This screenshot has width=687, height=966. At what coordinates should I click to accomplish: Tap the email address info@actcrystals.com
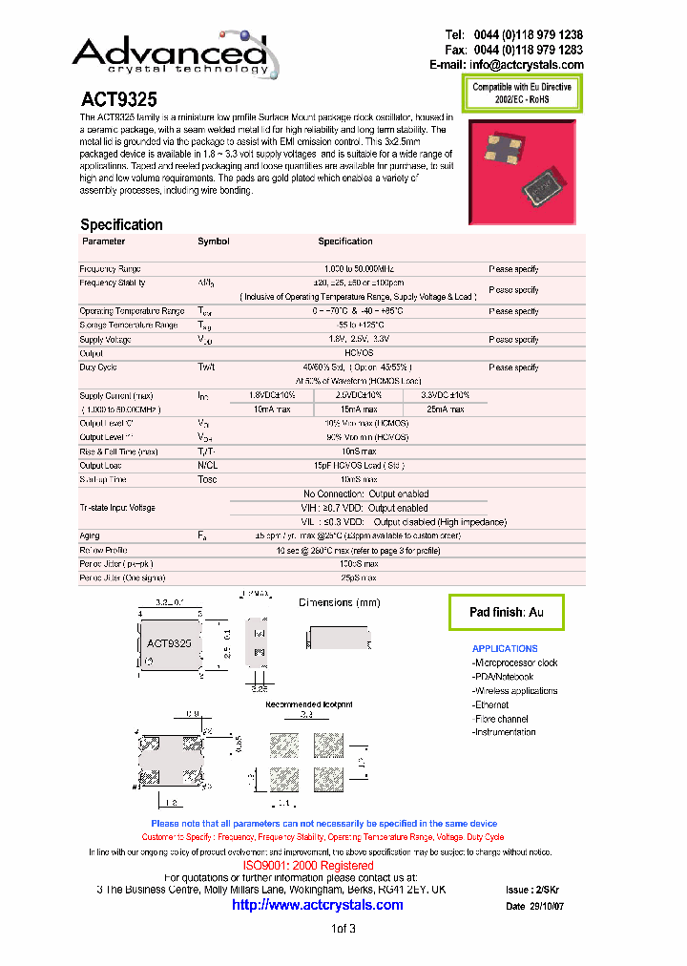(x=526, y=65)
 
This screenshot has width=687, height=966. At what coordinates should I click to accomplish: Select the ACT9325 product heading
(x=118, y=98)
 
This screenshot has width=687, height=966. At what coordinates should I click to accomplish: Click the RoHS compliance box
(x=522, y=94)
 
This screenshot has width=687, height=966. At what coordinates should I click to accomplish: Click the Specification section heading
(x=121, y=224)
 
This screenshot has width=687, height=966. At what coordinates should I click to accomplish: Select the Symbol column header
(x=213, y=241)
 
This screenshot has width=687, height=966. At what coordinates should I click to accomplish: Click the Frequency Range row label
(x=110, y=269)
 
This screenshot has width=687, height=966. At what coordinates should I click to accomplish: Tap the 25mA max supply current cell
(x=445, y=409)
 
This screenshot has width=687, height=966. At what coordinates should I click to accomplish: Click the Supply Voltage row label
(x=105, y=340)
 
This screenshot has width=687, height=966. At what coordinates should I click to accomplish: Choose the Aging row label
(x=90, y=536)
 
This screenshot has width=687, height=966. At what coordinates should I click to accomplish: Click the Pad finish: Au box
(x=506, y=612)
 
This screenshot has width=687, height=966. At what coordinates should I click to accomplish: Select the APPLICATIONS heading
(x=505, y=649)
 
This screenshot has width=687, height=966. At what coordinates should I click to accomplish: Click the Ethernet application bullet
(x=491, y=704)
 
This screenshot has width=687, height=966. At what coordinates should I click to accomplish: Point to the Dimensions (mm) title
(x=339, y=602)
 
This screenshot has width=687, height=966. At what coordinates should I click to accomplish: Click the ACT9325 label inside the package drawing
(x=169, y=643)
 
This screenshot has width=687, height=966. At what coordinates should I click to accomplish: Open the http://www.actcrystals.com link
(x=318, y=905)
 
